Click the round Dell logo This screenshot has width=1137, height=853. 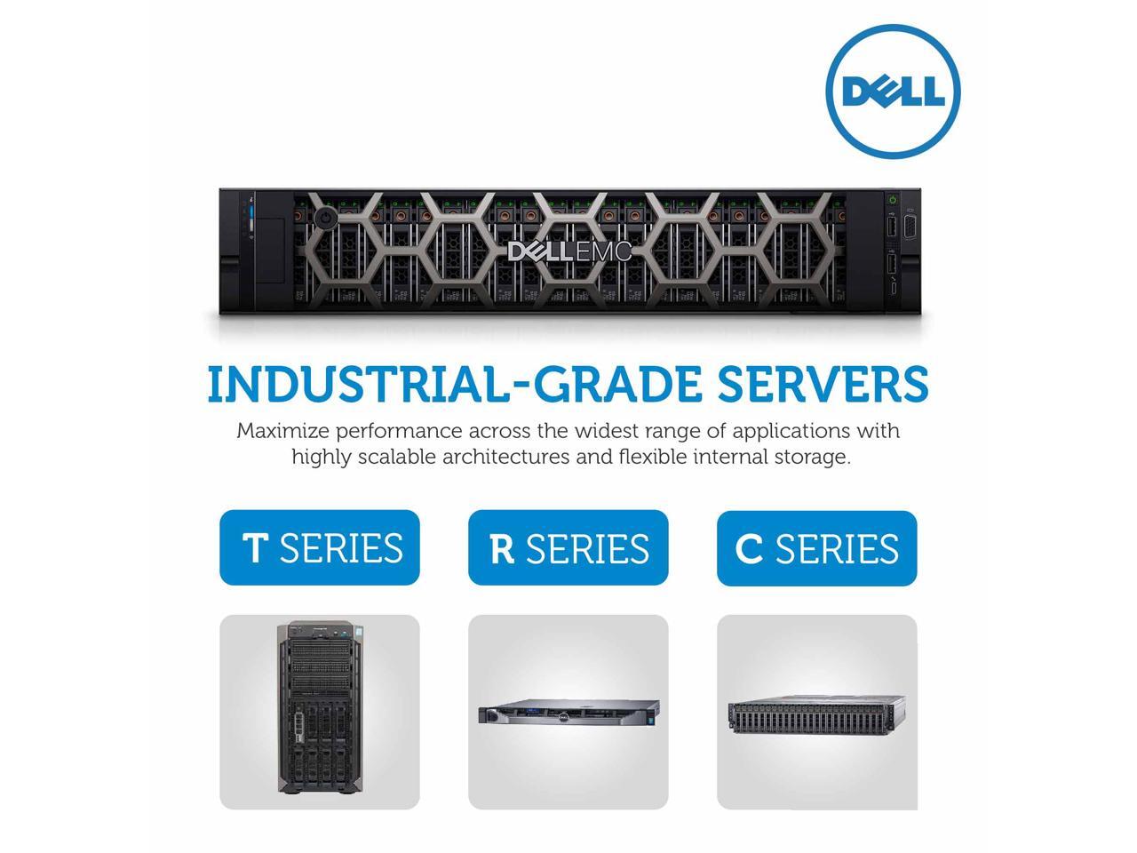[893, 92]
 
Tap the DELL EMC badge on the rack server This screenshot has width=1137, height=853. [569, 252]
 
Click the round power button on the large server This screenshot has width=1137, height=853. [326, 217]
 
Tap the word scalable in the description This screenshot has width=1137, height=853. [395, 457]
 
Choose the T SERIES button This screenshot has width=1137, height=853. [320, 547]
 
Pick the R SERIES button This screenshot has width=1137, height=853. [568, 547]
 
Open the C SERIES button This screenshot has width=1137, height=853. [817, 548]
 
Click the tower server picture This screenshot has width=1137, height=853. [320, 711]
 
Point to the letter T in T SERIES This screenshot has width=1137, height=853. [254, 548]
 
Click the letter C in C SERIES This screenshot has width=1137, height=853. [749, 549]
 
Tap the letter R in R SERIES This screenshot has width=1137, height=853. [502, 549]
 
